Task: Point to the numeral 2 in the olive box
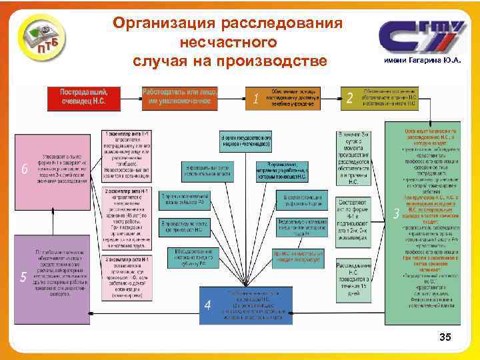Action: pos(350,99)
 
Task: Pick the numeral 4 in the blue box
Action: pos(208,305)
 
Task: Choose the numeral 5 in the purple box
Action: pos(25,277)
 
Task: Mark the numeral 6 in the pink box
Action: pos(25,169)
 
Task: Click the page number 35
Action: pos(445,338)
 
